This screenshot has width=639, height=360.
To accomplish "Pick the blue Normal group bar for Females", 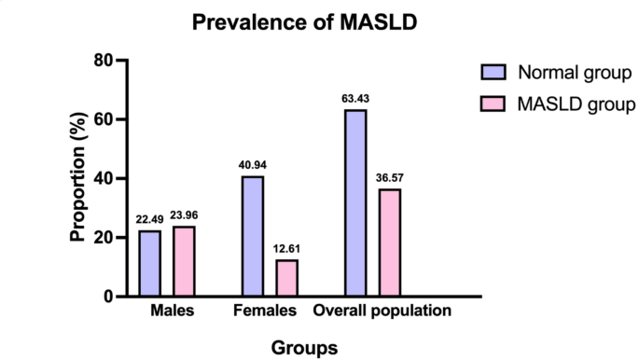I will [x=253, y=236].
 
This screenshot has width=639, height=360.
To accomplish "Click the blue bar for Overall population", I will [x=355, y=202].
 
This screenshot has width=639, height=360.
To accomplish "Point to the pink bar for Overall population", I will [x=390, y=242].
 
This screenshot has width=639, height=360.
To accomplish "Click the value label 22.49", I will [x=150, y=220].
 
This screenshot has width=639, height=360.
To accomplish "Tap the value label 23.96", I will [x=185, y=215].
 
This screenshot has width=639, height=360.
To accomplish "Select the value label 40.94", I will [x=253, y=165].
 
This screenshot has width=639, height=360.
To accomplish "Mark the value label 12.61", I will [x=287, y=249].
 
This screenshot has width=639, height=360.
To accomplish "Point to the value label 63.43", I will [x=355, y=99].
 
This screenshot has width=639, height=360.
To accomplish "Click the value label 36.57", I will [x=390, y=178].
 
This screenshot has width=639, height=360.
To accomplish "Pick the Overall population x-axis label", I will [x=382, y=311].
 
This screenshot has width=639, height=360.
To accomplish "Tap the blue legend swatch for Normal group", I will [x=493, y=73].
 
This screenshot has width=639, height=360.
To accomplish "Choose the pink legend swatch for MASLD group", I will [x=493, y=104].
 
